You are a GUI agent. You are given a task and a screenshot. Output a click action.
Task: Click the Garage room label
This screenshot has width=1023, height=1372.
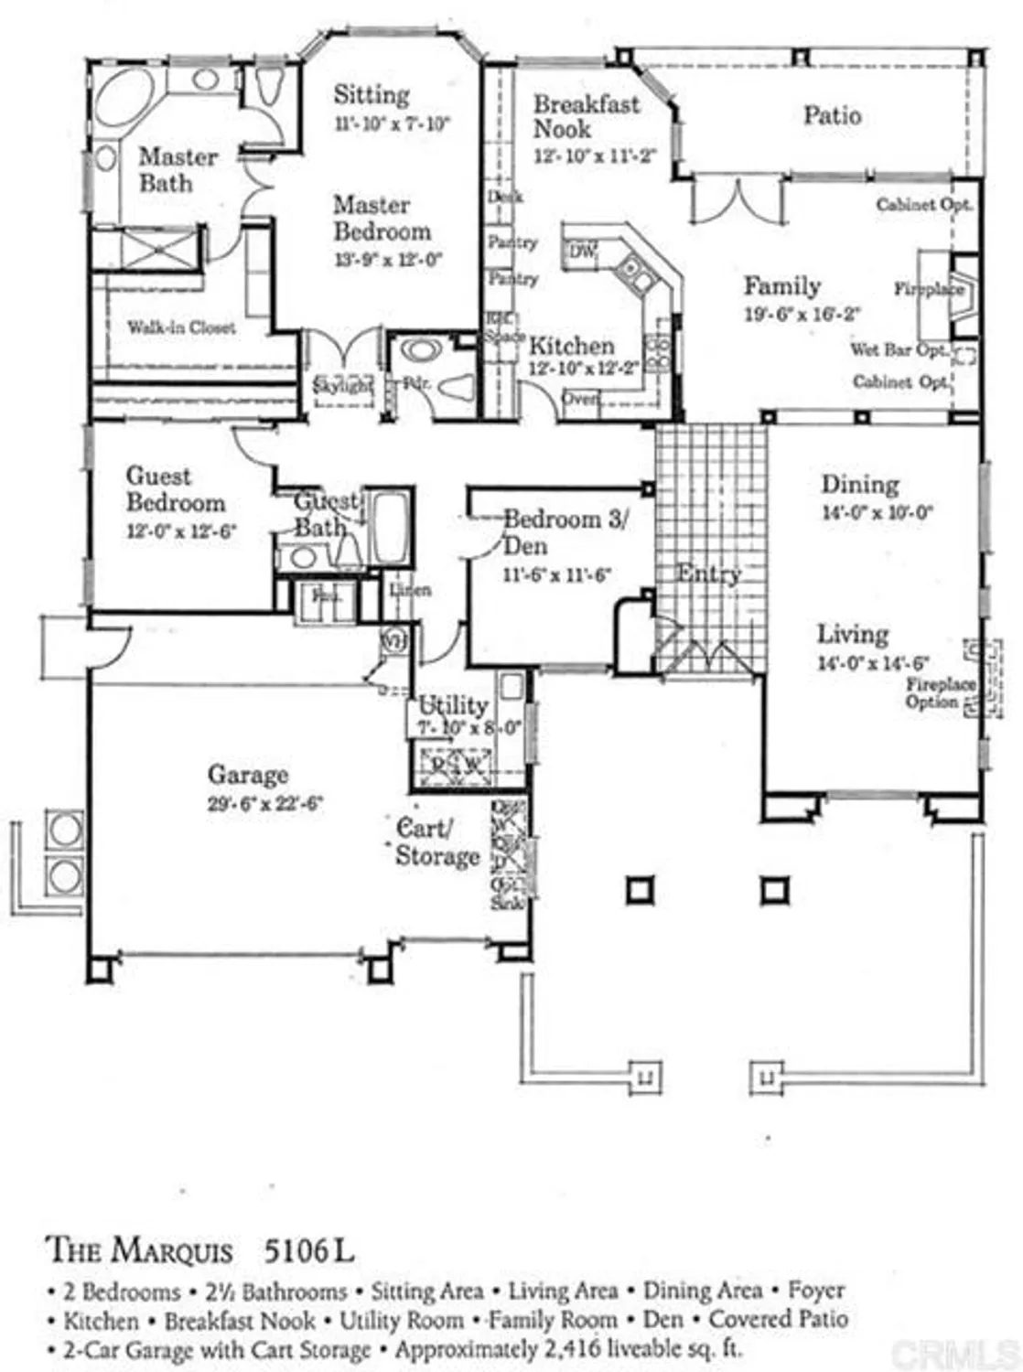coord(247,775)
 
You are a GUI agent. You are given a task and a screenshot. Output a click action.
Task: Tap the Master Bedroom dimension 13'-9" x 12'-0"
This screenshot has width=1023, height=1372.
coord(388,259)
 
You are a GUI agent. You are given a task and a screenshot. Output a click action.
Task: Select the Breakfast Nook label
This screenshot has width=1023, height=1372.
coord(586,116)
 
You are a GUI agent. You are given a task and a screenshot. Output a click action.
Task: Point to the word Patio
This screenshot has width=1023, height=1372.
coord(832,115)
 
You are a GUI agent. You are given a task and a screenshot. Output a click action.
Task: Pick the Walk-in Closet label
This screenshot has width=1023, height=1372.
coord(180,327)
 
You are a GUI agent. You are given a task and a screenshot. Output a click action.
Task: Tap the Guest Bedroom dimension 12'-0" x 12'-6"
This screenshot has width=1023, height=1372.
coord(181,531)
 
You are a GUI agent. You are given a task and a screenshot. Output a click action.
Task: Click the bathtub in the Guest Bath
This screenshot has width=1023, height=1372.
coord(390,529)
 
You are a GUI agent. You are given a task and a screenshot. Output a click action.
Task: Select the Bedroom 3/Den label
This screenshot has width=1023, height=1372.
coord(565,531)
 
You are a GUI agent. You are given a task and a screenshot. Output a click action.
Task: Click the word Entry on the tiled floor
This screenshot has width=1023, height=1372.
coord(708,574)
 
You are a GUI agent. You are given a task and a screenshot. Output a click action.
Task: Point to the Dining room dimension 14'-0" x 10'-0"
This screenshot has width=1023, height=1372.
coord(876,513)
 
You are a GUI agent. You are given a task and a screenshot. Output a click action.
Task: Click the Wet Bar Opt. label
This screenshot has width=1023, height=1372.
coord(899,349)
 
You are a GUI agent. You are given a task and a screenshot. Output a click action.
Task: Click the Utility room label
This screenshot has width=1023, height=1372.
coord(452,705)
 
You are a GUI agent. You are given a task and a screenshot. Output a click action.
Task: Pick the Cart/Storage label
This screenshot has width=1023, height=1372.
coord(437,842)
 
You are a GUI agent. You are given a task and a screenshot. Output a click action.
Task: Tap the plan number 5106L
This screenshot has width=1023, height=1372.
coord(307,1249)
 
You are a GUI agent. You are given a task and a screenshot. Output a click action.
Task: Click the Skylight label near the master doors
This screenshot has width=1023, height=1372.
coord(343,386)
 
